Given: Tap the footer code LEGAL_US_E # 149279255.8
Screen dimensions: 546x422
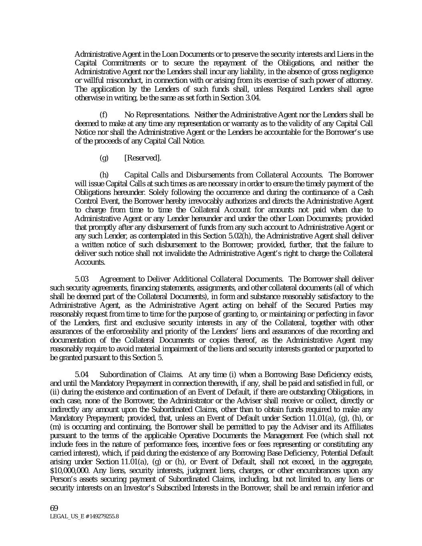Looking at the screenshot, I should (x=84, y=516).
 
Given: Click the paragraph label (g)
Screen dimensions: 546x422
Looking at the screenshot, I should (x=104, y=158).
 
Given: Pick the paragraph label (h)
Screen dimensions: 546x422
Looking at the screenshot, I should (x=104, y=175).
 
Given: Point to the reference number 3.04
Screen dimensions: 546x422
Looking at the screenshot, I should (x=254, y=98).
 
